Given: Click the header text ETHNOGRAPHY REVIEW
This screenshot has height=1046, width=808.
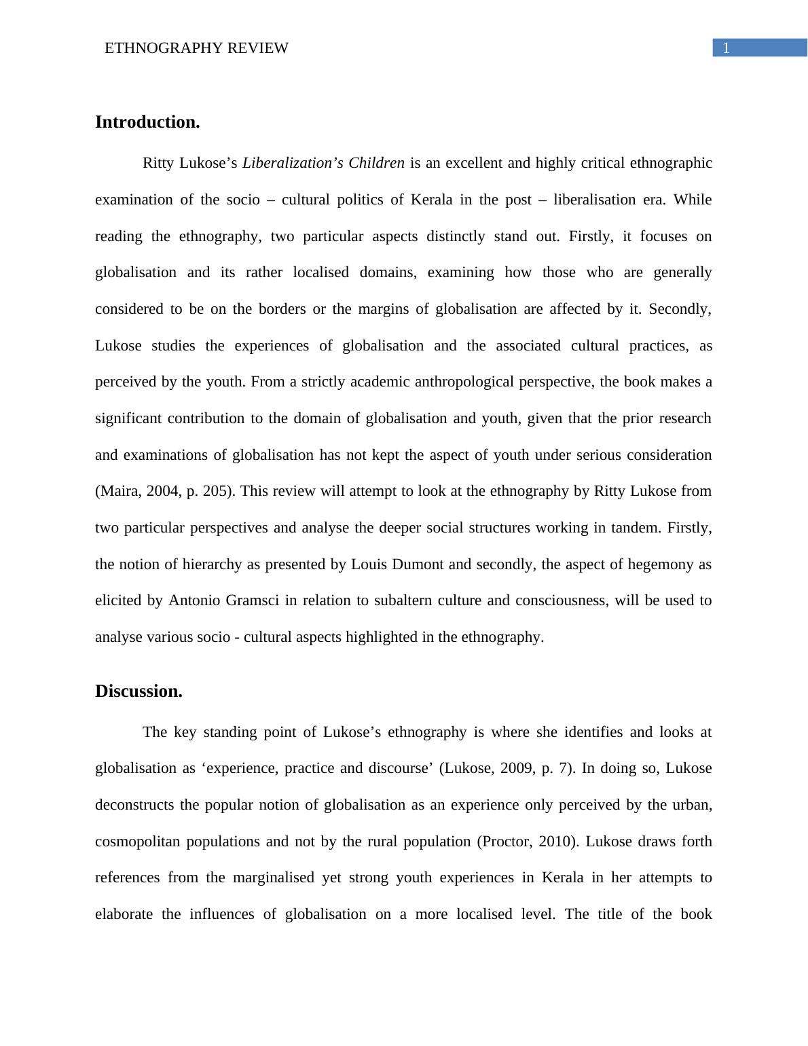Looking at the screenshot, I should coord(196,48).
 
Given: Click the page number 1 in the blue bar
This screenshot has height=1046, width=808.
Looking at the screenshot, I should coord(726,48).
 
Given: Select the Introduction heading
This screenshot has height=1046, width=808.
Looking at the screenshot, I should coord(147,122).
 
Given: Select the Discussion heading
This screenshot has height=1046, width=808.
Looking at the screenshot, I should coord(139,691).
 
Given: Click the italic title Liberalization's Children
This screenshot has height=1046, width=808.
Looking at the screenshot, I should coord(323,163).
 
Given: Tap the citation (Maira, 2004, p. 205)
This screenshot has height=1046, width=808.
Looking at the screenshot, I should coord(165,491).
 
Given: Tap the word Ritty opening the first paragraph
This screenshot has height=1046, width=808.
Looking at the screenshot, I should coord(158,163).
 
